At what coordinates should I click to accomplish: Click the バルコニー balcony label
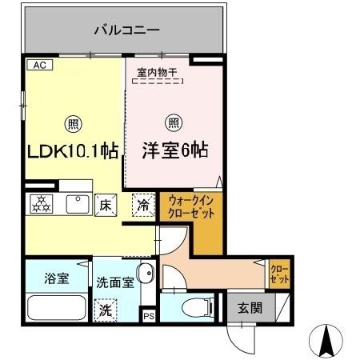coord(127,30)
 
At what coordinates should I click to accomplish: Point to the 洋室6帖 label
coord(175,150)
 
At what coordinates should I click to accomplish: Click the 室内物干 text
coord(158,71)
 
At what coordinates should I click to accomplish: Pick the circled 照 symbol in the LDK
coord(72,124)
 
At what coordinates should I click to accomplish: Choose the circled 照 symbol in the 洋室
coord(172,123)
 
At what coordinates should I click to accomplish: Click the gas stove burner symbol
coord(41,204)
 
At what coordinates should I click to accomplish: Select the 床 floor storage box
coord(105,204)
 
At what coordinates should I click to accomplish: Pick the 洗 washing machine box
coord(106,311)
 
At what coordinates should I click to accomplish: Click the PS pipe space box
coord(149,316)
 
